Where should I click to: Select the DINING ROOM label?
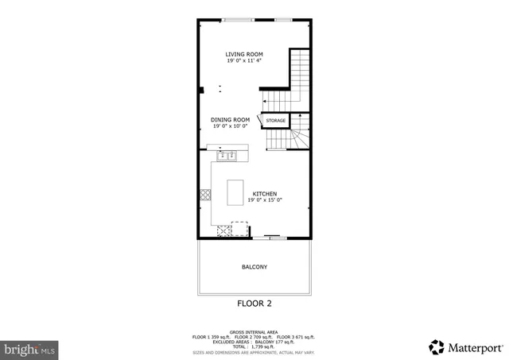230,119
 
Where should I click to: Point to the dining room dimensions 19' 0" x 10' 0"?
230,126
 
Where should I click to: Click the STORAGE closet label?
275,121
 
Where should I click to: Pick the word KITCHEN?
265,194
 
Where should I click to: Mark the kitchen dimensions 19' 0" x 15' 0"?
265,200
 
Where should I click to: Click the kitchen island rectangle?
235,192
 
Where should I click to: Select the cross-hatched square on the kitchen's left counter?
205,193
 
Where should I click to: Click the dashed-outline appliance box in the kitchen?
239,226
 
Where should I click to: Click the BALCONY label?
254,267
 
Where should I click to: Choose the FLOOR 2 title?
254,304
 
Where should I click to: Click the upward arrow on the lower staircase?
292,139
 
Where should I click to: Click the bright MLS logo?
30,348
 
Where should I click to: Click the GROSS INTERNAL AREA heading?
254,331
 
